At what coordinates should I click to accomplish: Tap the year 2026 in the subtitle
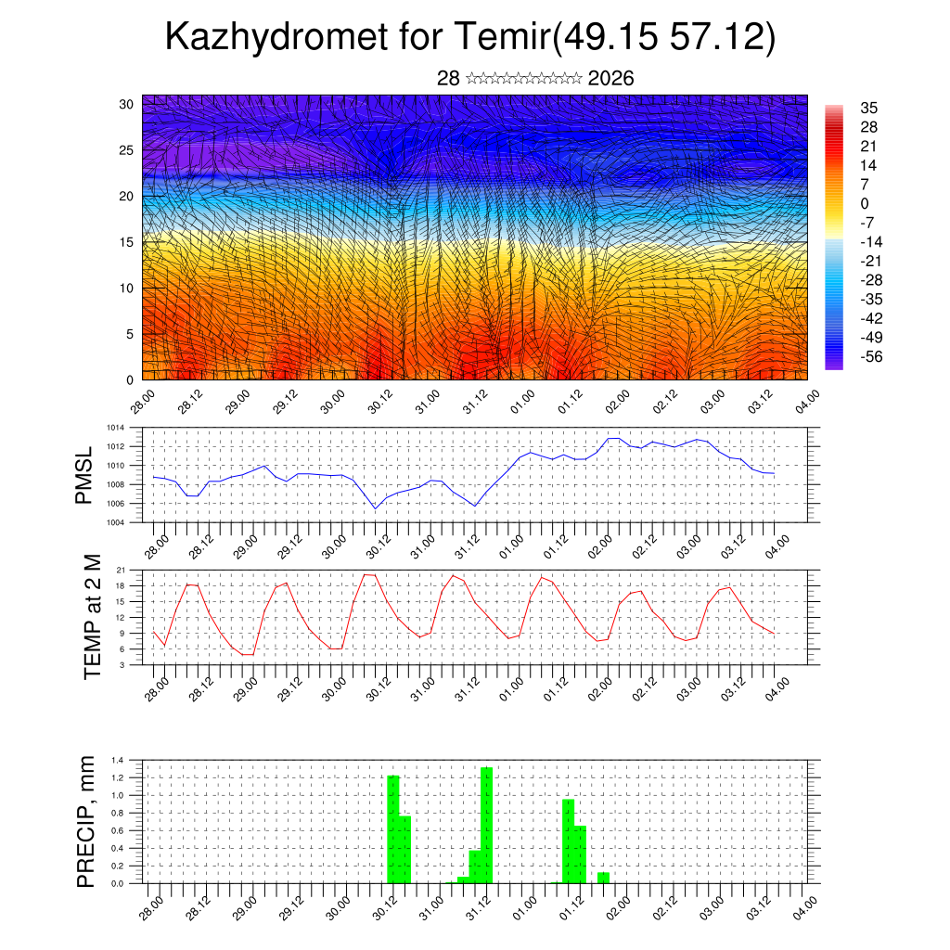610,79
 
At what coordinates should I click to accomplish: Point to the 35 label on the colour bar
869,108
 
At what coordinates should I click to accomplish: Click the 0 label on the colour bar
865,203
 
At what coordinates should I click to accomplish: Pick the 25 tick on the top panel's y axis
126,149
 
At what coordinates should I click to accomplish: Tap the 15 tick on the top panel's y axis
126,242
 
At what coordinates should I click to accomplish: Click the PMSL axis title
84,475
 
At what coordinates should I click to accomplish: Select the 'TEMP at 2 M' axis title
92,617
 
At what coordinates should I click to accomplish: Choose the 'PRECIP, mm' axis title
86,821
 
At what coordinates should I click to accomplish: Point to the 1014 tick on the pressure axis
114,428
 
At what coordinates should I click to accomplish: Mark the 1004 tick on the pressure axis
114,522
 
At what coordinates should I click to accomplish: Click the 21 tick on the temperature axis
121,570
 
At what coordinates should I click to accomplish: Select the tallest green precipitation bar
486,826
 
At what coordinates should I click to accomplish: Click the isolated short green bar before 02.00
603,878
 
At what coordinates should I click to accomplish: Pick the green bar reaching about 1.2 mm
393,828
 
